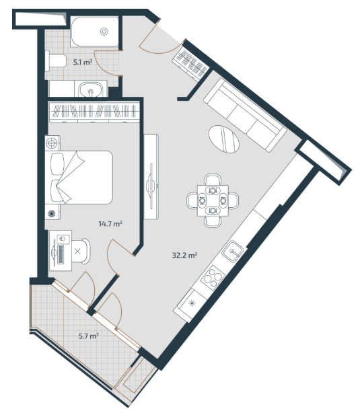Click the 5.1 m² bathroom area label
[83, 63]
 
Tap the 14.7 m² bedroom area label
[110, 224]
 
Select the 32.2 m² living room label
[184, 256]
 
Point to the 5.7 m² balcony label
[89, 336]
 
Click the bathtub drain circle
[104, 32]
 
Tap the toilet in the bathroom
[55, 61]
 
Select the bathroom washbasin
[91, 89]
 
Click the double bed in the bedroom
[79, 178]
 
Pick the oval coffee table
[224, 139]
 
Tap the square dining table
[213, 200]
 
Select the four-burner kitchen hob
[213, 278]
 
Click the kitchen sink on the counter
[232, 251]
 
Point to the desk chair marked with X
[81, 251]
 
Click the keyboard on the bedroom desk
[61, 255]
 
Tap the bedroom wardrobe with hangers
[94, 112]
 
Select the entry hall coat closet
[191, 64]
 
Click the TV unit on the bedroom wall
[151, 176]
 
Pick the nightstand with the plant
[52, 212]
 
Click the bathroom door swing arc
[102, 64]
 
